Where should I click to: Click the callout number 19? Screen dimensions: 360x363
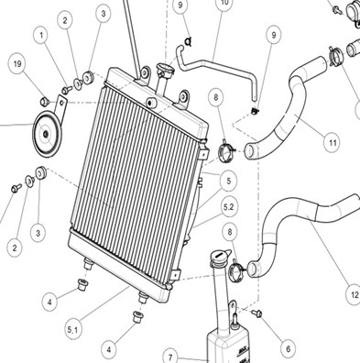coord(17,63)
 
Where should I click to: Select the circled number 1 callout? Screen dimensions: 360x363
coord(41,36)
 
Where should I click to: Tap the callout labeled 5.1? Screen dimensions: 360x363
coord(73,330)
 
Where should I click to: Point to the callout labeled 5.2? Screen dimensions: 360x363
coord(229,207)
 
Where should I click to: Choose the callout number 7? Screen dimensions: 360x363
coord(170,357)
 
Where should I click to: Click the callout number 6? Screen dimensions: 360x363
coord(288,348)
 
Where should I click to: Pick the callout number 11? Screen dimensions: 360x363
coord(333,142)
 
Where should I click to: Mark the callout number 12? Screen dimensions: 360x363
coord(355,295)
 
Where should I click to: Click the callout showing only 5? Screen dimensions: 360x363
coord(229,181)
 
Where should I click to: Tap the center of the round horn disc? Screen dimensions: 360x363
coord(47,135)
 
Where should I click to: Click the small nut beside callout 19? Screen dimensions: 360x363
coord(45,101)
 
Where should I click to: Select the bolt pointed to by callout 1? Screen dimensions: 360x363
coord(67,90)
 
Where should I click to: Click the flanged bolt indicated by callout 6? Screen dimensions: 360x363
coord(256,313)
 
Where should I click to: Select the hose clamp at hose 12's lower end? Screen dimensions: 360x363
coord(237,269)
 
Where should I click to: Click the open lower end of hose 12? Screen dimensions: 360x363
coord(253,269)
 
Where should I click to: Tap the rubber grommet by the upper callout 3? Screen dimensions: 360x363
coord(88,77)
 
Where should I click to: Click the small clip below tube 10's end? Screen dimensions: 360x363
coord(255,111)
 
